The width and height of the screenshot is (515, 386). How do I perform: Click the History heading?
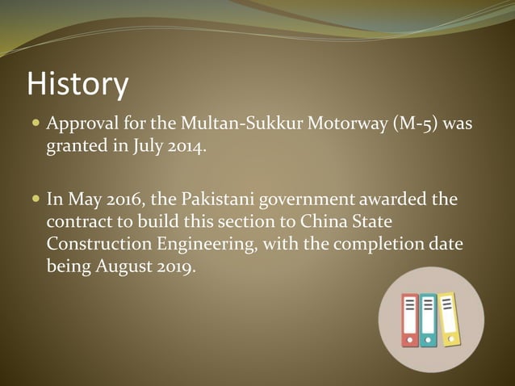click(x=77, y=84)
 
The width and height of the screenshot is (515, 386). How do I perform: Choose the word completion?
click(x=375, y=244)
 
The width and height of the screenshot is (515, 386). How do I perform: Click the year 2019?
click(x=176, y=267)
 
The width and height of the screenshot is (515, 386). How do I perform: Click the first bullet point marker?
click(x=35, y=126)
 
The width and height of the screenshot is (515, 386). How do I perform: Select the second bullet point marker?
click(x=35, y=199)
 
